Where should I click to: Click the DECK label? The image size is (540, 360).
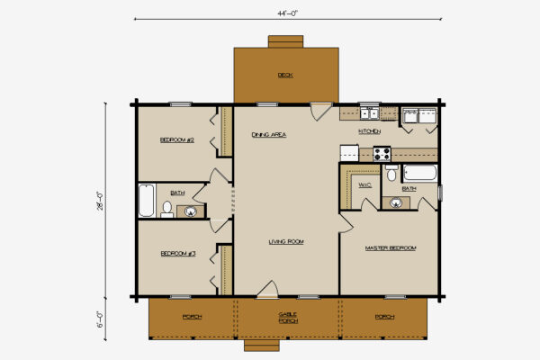285,75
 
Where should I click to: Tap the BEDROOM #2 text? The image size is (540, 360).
177,139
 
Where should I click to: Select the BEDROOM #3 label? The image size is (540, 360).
177,254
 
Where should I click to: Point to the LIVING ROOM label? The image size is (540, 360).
285,241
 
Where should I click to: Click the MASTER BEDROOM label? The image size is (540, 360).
390,247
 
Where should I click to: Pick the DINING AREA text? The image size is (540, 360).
268,134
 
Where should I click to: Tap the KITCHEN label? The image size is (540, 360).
369,131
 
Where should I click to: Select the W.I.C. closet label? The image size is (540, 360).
364,185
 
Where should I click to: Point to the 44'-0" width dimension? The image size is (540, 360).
285,14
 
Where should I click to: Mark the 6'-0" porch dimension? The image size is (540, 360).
107,319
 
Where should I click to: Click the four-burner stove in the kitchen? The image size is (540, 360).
381,153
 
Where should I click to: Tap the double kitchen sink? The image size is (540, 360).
369,113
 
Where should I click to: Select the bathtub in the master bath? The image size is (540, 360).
418,173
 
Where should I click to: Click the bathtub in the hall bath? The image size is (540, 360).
147,201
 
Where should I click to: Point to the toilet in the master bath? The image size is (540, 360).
391,175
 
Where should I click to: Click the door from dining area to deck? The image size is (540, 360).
319,112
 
